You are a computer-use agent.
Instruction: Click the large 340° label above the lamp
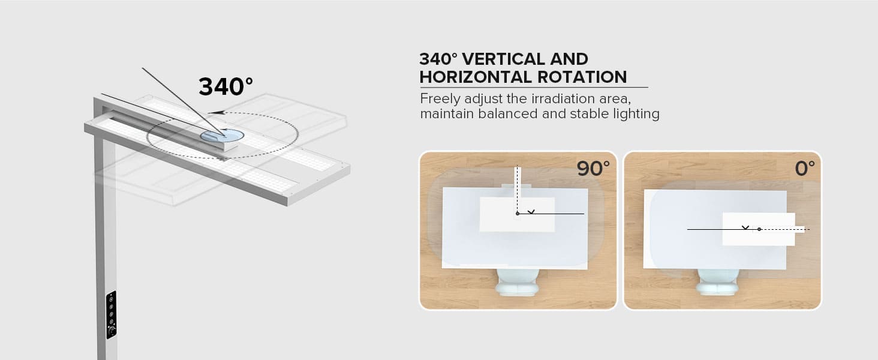pyautogui.click(x=225, y=87)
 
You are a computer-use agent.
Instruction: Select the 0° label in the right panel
pyautogui.click(x=805, y=169)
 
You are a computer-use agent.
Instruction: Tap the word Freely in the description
pyautogui.click(x=439, y=98)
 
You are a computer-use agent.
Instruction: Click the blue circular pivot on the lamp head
pyautogui.click(x=222, y=135)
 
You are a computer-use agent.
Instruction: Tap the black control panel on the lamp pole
pyautogui.click(x=111, y=315)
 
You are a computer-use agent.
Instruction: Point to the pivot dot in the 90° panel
pyautogui.click(x=518, y=214)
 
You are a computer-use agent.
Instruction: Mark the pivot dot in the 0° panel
pyautogui.click(x=759, y=229)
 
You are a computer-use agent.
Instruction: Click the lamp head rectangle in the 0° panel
pyautogui.click(x=759, y=229)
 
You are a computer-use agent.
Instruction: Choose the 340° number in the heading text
pyautogui.click(x=438, y=59)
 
